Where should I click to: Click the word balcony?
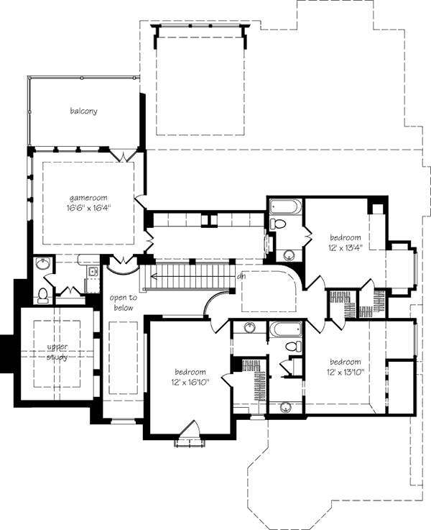click(84, 111)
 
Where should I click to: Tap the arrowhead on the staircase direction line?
click(152, 274)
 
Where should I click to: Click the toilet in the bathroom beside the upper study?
click(43, 294)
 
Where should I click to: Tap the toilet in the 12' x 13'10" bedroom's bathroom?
click(292, 347)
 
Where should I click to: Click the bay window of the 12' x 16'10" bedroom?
click(188, 435)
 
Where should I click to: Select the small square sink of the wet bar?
click(93, 272)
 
